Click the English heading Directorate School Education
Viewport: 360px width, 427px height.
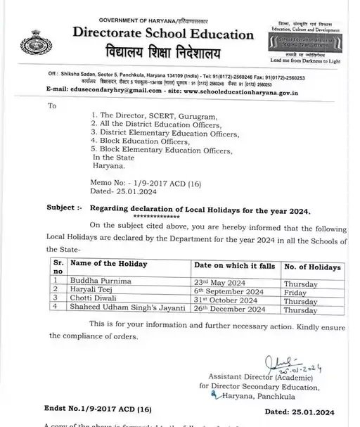pyautogui.click(x=162, y=34)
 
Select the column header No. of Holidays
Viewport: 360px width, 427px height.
pyautogui.click(x=312, y=267)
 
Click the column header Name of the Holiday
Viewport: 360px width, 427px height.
pyautogui.click(x=108, y=263)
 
